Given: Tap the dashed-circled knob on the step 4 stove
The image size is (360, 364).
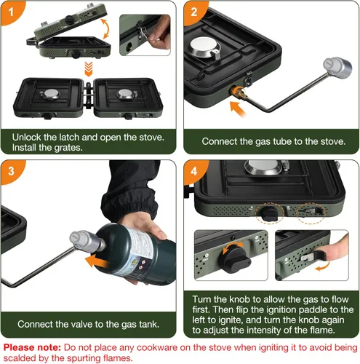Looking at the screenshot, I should (270, 213).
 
